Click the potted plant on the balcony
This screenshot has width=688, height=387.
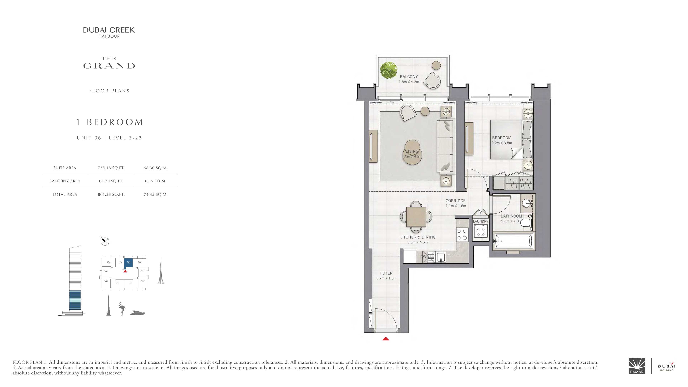tap(389, 70)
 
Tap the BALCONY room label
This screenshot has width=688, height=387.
tap(409, 77)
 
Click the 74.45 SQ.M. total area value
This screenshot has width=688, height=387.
tap(156, 194)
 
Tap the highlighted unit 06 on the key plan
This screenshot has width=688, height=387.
tap(128, 263)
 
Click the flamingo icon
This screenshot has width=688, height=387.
tap(122, 309)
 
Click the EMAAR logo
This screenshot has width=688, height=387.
tap(637, 366)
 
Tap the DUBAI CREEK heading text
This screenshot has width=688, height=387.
tap(109, 30)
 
